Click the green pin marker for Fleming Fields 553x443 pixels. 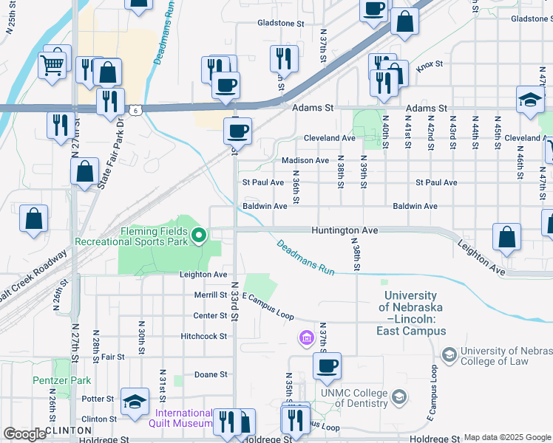point(199,236)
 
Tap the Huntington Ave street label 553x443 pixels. point(345,230)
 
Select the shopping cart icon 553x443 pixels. point(52,65)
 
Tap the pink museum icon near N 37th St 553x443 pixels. point(305,339)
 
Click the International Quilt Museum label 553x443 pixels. point(183,418)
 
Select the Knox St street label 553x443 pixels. point(429,66)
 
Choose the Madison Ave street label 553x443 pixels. point(305,160)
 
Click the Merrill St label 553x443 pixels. point(211,295)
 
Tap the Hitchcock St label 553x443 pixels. point(203,336)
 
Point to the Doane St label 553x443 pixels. point(210,374)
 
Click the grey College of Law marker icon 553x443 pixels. point(449,355)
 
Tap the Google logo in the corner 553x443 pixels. point(24,434)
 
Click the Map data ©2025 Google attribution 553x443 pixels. point(507,437)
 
